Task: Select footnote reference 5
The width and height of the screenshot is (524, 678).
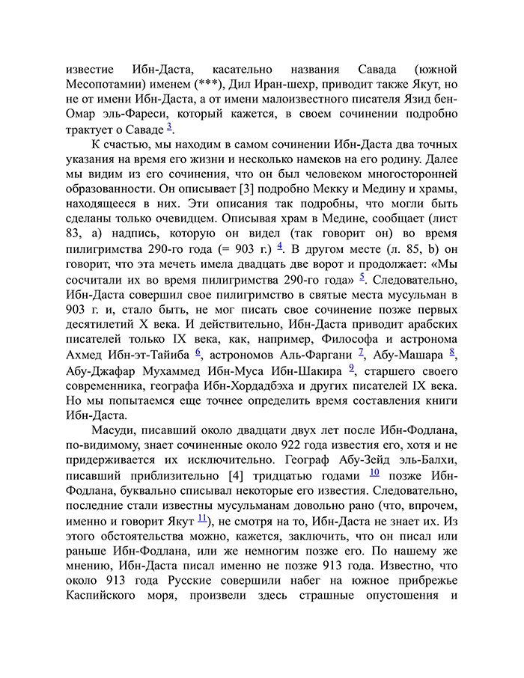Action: click(x=362, y=277)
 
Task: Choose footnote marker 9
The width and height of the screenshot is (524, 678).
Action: click(x=352, y=367)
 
